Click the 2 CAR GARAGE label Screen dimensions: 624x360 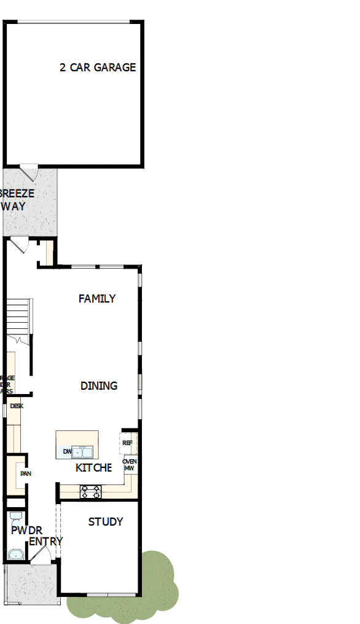[98, 68]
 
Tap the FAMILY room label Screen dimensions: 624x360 [97, 299]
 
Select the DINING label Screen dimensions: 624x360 [99, 386]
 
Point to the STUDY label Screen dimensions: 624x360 [106, 522]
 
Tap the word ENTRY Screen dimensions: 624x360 [45, 542]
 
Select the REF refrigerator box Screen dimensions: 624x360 [128, 443]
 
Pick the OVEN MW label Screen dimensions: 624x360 [129, 465]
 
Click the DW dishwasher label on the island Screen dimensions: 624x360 [67, 452]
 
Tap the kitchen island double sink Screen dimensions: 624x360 [82, 452]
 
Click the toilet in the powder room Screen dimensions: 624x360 [16, 515]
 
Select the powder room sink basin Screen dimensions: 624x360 [15, 555]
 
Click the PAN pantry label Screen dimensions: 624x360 [25, 474]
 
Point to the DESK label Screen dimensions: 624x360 [16, 406]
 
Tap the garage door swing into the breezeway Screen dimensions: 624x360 [29, 171]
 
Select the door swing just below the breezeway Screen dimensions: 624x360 [20, 245]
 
